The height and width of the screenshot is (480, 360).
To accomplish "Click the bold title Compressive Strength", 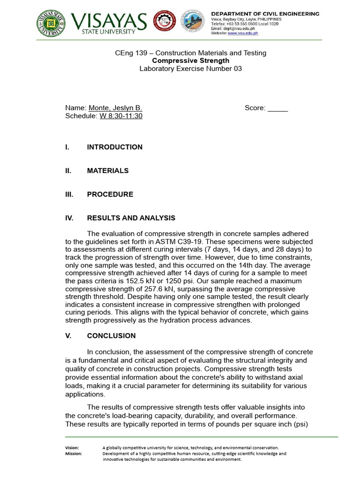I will click(191, 60).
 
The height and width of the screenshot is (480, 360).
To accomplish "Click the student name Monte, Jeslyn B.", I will click(115, 108).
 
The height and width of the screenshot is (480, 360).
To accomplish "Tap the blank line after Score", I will click(277, 108).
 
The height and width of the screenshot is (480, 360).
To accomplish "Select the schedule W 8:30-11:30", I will click(121, 116).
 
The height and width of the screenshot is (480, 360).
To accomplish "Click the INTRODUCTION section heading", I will click(114, 147).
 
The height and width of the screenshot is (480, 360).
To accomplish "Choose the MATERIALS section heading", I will click(107, 171).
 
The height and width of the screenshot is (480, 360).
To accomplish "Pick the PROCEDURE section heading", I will click(110, 194).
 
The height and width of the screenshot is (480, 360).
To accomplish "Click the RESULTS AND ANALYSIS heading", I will click(131, 218).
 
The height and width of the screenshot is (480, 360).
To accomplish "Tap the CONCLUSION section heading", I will click(111, 336).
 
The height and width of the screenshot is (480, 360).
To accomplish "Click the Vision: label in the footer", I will click(72, 448).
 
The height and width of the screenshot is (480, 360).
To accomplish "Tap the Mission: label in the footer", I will click(74, 453).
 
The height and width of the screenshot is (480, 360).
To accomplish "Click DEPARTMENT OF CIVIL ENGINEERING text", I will click(265, 14).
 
